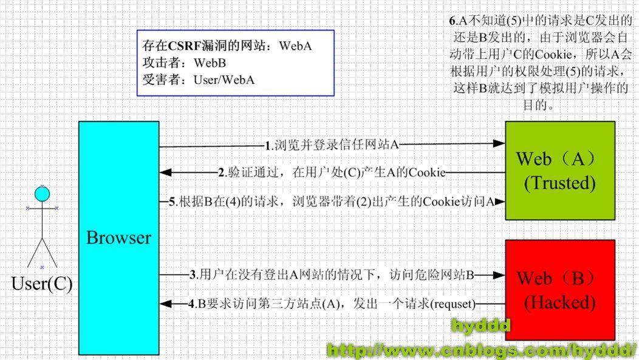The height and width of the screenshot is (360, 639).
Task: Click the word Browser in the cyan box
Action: (118, 237)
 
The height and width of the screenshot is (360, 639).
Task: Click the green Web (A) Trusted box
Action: (560, 171)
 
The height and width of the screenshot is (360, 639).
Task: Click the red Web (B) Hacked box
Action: (560, 290)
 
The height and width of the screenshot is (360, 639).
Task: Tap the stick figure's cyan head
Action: (41, 194)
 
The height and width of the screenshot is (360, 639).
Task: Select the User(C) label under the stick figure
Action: (41, 283)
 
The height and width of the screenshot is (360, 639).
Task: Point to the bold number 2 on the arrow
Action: (222, 172)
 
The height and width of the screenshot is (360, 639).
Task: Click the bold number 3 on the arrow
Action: (193, 274)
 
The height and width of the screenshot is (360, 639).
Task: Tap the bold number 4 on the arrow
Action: (191, 303)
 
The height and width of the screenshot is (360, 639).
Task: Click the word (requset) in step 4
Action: (453, 303)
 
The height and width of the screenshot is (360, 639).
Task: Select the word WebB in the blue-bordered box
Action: (210, 63)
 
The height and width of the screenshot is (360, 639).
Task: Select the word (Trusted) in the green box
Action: (560, 182)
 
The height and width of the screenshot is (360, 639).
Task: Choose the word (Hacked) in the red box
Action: (560, 302)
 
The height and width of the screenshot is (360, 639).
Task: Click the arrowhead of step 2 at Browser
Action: (165, 173)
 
